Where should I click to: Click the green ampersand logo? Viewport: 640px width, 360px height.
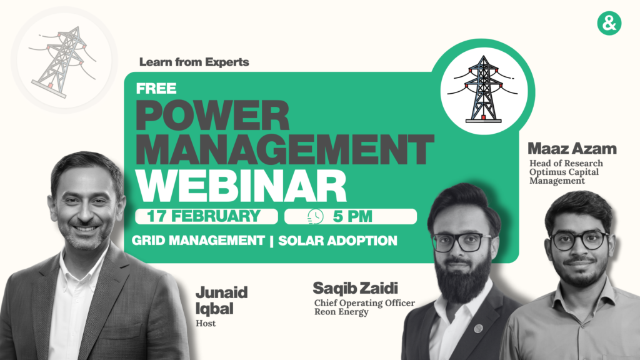click(609, 23)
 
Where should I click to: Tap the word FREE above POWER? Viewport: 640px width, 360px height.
click(156, 88)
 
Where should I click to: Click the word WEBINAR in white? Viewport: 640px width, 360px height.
click(241, 186)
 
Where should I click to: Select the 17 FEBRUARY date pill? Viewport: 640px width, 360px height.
click(206, 216)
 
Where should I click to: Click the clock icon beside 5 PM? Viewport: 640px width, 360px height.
click(316, 216)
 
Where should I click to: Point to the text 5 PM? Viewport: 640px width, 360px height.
click(352, 216)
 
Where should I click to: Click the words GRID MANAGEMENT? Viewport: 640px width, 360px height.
click(198, 241)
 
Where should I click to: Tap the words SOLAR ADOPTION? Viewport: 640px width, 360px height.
click(337, 241)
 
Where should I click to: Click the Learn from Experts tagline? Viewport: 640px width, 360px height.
click(194, 62)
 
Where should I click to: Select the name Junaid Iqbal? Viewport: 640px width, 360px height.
click(221, 301)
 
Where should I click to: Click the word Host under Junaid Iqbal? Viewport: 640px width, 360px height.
click(206, 323)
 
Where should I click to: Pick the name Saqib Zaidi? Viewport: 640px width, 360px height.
click(355, 288)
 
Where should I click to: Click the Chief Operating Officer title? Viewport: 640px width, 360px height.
click(364, 303)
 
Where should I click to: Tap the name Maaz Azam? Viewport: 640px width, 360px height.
click(572, 149)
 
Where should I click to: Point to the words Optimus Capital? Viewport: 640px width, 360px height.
click(564, 172)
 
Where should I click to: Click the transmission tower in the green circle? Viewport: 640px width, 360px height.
click(483, 89)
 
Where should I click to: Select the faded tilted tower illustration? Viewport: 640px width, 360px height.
click(63, 62)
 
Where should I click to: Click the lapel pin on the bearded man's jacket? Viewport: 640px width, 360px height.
click(478, 327)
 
